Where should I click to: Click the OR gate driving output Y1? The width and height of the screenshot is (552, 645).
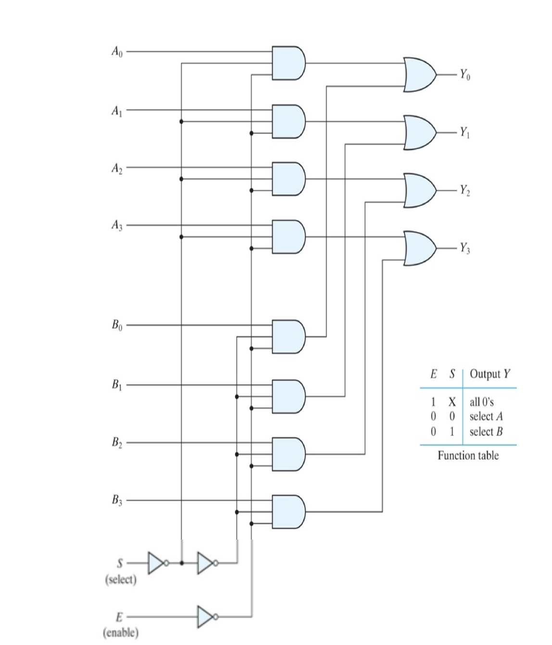(420, 132)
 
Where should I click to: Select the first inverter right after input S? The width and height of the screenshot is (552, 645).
(157, 563)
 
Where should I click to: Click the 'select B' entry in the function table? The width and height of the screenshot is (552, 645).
(486, 431)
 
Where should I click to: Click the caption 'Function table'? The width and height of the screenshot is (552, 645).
(468, 455)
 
